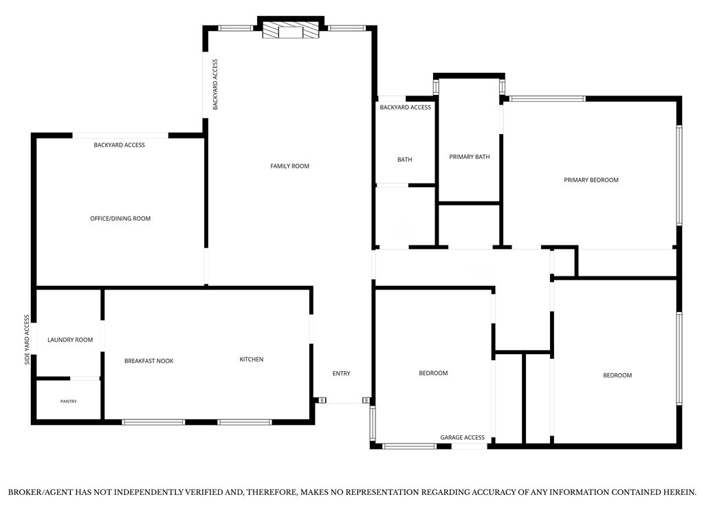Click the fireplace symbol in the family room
(291, 31)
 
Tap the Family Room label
(289, 166)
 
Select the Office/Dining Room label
(120, 219)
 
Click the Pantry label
(69, 401)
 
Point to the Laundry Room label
(70, 340)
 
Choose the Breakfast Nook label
(148, 361)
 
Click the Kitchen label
(252, 359)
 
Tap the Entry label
(341, 373)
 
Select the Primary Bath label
(470, 157)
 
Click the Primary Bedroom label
(591, 180)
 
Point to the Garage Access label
(463, 437)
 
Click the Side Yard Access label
(27, 340)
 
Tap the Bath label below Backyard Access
(404, 159)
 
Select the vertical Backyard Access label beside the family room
(215, 85)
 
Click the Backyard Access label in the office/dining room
(120, 145)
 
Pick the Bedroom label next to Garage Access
(433, 373)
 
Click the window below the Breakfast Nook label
(153, 422)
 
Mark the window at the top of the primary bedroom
(547, 99)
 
